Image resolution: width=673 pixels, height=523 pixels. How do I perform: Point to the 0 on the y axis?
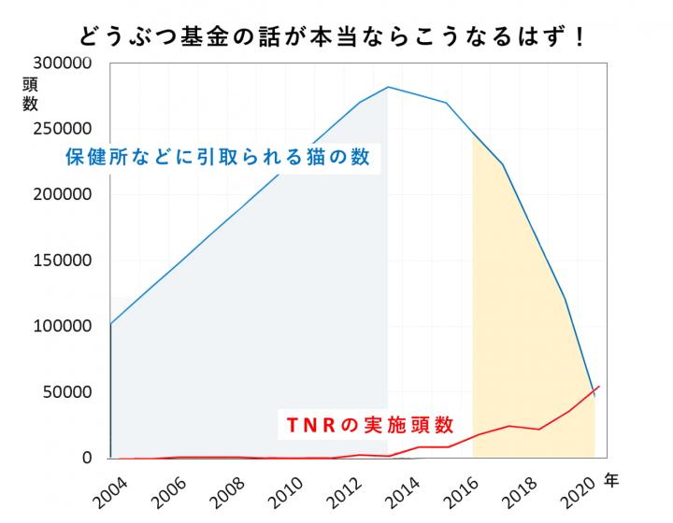87,458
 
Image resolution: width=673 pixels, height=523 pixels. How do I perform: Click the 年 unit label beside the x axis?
611,482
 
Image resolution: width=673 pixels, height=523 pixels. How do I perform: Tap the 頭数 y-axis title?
30,93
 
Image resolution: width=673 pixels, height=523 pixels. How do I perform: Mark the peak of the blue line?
388,87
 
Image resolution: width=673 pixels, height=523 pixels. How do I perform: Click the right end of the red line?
599,386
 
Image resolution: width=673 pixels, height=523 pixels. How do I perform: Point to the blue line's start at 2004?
111,324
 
